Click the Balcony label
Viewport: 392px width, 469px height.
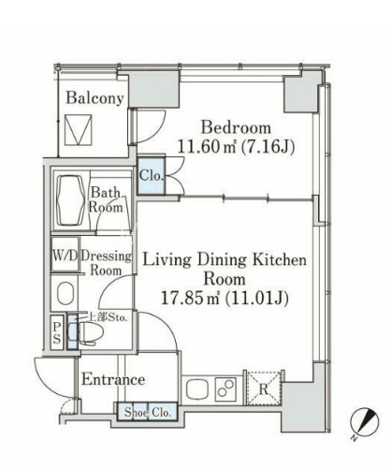point(94,98)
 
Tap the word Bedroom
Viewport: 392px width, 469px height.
point(236,127)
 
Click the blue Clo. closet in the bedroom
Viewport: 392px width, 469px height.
point(152,176)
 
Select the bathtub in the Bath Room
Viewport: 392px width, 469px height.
point(71,200)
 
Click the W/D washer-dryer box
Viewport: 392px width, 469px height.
point(65,255)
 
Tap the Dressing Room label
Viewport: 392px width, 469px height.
point(106,263)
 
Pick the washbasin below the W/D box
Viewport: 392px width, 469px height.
point(65,293)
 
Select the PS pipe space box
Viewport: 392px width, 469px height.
point(57,332)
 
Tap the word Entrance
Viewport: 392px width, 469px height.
point(113,380)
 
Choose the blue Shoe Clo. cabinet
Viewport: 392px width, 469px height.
point(148,412)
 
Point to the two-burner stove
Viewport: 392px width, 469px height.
point(225,388)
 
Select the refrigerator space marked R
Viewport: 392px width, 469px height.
point(264,388)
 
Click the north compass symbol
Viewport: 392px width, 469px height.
point(364,422)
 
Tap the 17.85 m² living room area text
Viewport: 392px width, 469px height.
point(225,299)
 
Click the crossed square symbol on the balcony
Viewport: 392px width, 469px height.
point(79,129)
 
